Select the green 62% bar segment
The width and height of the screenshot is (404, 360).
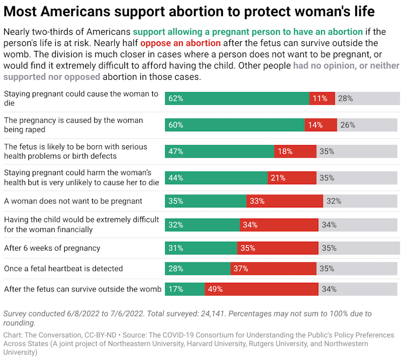(x=237, y=99)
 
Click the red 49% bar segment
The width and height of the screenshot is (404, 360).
(x=261, y=289)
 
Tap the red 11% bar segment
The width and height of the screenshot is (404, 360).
(x=322, y=99)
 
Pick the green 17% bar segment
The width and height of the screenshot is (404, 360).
(x=184, y=289)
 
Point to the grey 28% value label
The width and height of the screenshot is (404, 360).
(x=345, y=99)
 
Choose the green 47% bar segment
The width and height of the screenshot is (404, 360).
(x=219, y=152)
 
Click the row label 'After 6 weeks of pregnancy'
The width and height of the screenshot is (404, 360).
(x=52, y=248)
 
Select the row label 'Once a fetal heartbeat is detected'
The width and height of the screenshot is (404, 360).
(x=63, y=268)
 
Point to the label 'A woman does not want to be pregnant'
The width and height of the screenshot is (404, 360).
(x=73, y=201)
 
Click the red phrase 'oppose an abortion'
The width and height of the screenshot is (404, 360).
(x=181, y=43)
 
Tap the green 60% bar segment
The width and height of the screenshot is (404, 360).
(x=235, y=125)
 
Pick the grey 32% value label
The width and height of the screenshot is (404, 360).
(x=334, y=201)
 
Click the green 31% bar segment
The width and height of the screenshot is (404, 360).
(x=201, y=248)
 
